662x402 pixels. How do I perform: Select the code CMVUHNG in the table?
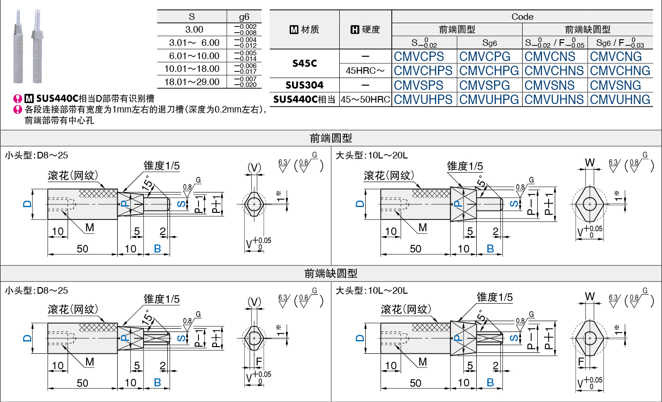tap(620, 99)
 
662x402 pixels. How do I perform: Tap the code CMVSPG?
tap(484, 85)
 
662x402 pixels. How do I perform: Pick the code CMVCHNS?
tap(554, 70)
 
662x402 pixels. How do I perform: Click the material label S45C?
tap(304, 63)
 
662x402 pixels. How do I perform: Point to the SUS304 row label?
tap(304, 85)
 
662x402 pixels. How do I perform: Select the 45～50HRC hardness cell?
tap(365, 99)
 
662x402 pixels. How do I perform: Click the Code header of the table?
tap(522, 17)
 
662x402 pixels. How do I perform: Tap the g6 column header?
tap(244, 17)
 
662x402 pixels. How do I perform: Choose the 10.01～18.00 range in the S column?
tap(192, 69)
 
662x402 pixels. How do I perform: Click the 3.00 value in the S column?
tap(194, 29)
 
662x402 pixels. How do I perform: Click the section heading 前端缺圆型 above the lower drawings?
tap(331, 273)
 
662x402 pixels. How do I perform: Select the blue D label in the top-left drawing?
tap(27, 204)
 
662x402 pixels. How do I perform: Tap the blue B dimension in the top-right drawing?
tap(490, 248)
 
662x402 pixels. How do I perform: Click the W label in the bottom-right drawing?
tap(590, 297)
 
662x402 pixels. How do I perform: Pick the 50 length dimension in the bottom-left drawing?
tap(82, 383)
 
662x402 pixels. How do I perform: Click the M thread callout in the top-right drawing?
tap(422, 227)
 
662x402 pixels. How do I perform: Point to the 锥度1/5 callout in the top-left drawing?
tap(162, 166)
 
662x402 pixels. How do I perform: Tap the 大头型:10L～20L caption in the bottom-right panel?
tap(371, 290)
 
